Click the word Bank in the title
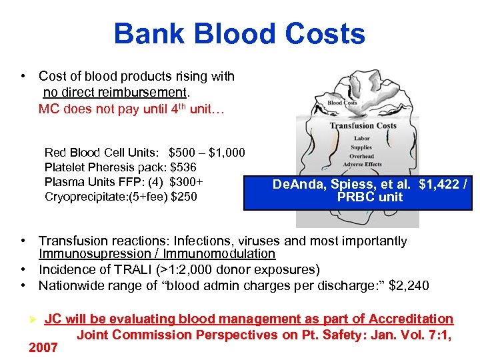tap(145, 34)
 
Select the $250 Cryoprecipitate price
tap(184, 197)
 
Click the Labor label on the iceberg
tap(361, 139)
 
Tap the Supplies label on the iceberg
tap(361, 147)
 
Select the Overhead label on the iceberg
tap(361, 156)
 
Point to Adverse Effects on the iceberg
tap(363, 165)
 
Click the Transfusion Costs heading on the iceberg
tap(363, 126)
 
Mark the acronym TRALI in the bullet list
tap(124, 270)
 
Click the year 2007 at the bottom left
tap(44, 347)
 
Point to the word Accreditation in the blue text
tap(411, 319)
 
